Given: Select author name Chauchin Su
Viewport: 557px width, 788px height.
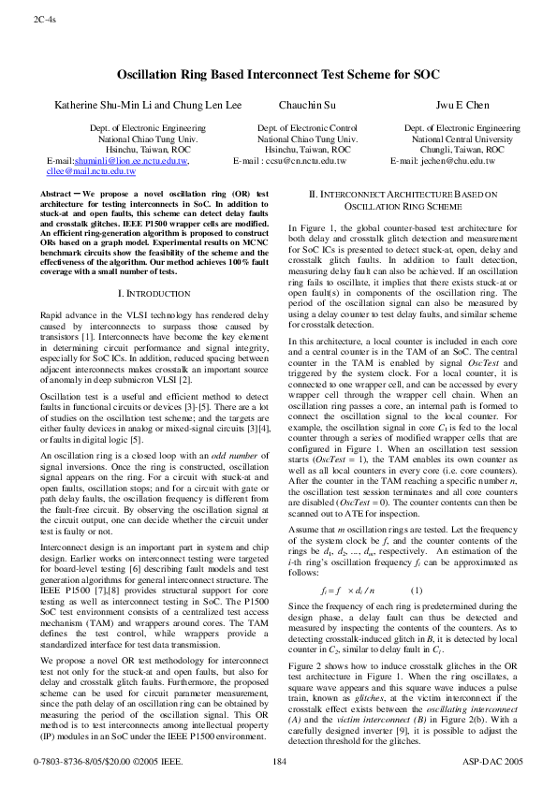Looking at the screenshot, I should tap(308, 105).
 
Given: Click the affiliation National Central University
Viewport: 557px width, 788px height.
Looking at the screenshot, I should tap(462, 139).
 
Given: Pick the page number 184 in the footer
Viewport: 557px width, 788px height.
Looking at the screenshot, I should tap(278, 764).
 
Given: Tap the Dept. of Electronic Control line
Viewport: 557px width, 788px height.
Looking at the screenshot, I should tap(308, 127).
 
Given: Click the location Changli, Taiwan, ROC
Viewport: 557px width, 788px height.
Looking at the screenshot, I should tap(462, 150).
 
